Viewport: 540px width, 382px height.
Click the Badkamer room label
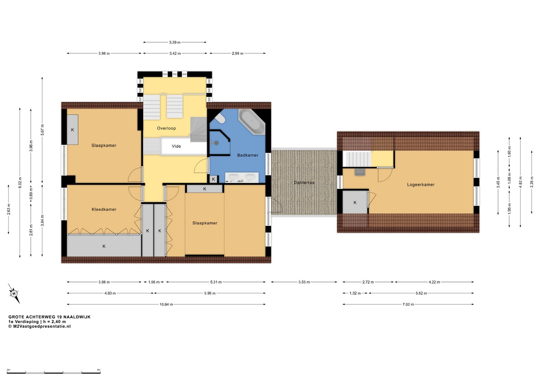coord(248,155)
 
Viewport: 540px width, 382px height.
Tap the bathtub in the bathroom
coord(252,122)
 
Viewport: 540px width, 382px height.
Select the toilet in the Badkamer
coord(220,118)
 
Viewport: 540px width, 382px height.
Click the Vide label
coord(176,146)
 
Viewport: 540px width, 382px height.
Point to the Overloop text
coord(166,128)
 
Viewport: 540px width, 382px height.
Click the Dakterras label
coord(304,183)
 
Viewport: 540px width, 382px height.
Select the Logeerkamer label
coord(421,185)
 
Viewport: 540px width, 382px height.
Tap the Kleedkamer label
coord(104,209)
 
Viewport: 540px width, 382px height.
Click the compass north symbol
coord(14,294)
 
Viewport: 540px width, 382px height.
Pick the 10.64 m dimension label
coord(166,304)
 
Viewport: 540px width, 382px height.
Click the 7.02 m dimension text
coord(408,304)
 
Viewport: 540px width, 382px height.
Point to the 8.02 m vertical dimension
coord(20,183)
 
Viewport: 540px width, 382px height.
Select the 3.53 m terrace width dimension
coord(304,282)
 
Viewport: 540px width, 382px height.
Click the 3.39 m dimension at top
coord(175,43)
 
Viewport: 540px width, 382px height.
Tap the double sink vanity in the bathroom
coord(242,177)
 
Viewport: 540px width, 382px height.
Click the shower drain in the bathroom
coord(217,143)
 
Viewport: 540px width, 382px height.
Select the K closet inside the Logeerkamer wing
coord(355,202)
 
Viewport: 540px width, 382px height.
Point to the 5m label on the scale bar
coord(99,370)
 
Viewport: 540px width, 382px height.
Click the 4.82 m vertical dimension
coord(520,182)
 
